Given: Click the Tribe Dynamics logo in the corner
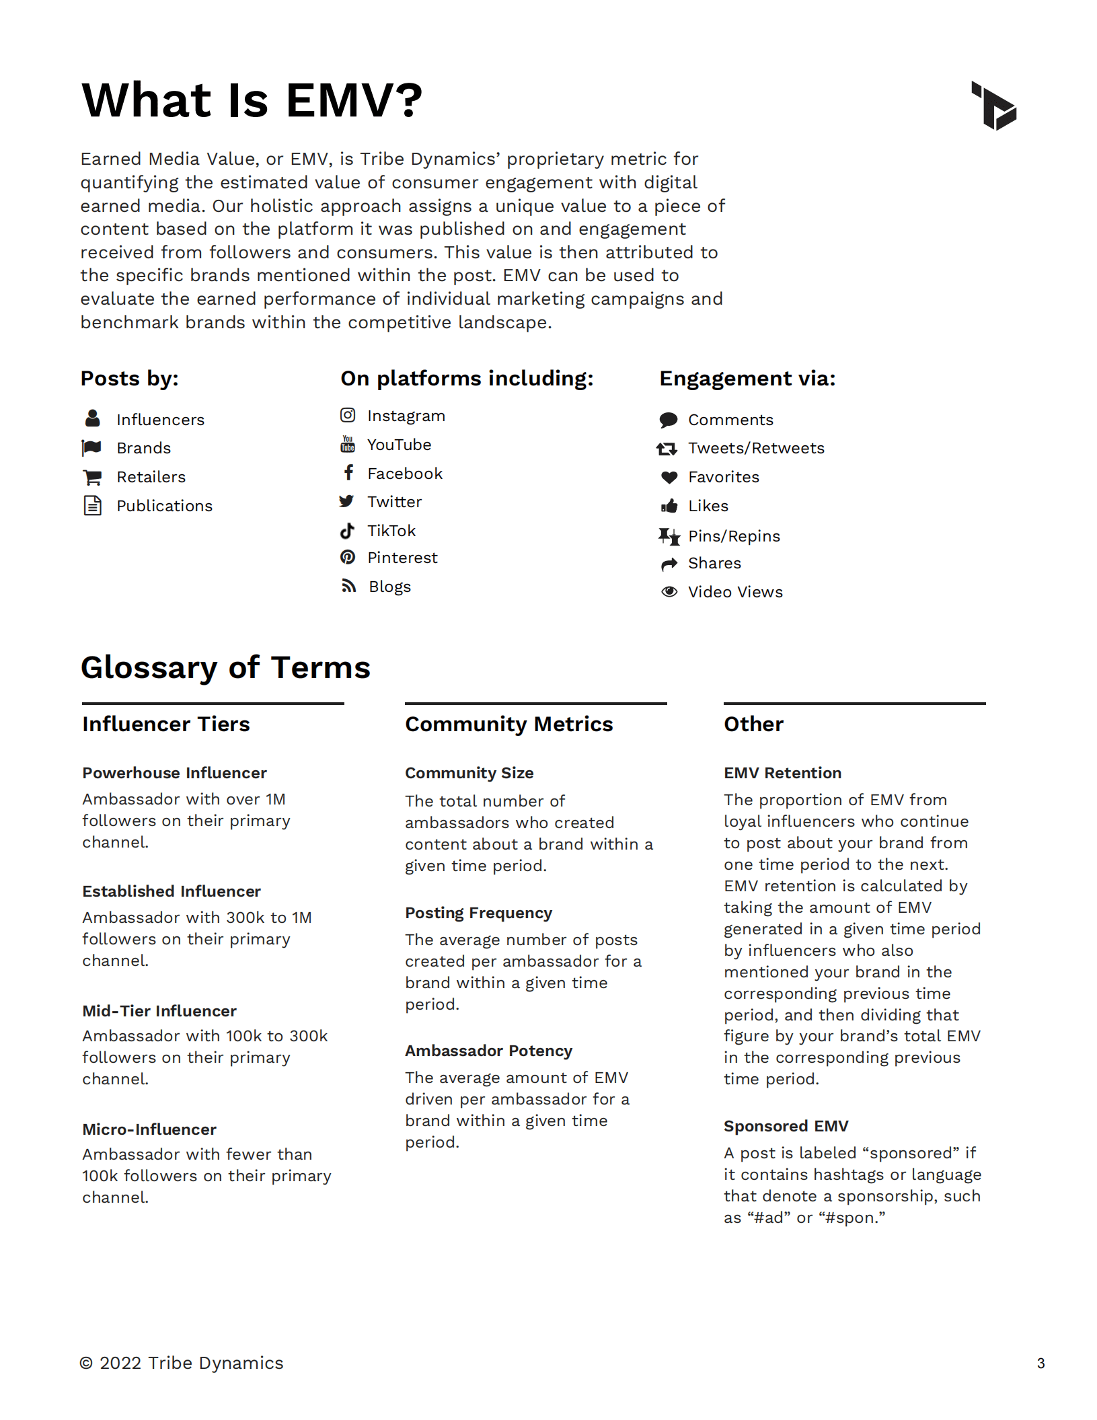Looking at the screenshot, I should pyautogui.click(x=994, y=106).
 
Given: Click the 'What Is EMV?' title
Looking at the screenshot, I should pyautogui.click(x=252, y=100).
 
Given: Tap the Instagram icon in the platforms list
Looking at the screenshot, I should pyautogui.click(x=348, y=415).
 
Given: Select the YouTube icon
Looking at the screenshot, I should pyautogui.click(x=348, y=444).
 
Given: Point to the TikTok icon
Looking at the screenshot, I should pyautogui.click(x=347, y=531).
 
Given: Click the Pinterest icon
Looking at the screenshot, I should pyautogui.click(x=348, y=557).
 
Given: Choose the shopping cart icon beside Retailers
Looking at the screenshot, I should pyautogui.click(x=92, y=477).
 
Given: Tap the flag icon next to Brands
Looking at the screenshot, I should pyautogui.click(x=91, y=447).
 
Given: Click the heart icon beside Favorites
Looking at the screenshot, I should pyautogui.click(x=669, y=477).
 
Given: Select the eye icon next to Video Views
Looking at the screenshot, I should pyautogui.click(x=669, y=591).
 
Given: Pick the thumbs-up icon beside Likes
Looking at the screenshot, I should pyautogui.click(x=669, y=506).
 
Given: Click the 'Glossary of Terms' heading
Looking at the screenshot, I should pyautogui.click(x=225, y=667).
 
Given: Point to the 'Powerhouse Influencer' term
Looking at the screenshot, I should pyautogui.click(x=174, y=773).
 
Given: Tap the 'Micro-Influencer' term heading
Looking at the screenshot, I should pyautogui.click(x=149, y=1129).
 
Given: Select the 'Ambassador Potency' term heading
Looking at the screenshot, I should pyautogui.click(x=488, y=1051).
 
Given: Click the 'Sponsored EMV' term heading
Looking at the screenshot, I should pyautogui.click(x=786, y=1126).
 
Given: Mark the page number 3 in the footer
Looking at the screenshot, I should pyautogui.click(x=1041, y=1363).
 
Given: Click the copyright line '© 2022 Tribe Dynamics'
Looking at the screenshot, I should pyautogui.click(x=182, y=1363).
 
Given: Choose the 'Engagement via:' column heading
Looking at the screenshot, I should pyautogui.click(x=747, y=379).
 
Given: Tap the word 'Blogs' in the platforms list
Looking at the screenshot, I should pyautogui.click(x=389, y=587).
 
